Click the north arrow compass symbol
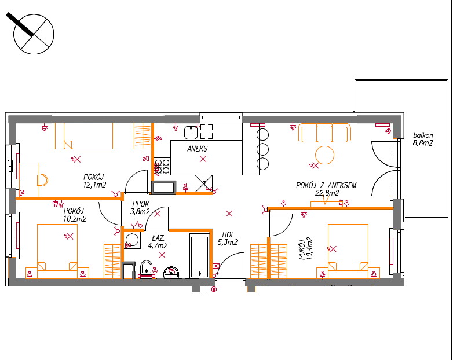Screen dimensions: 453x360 [x=34, y=34]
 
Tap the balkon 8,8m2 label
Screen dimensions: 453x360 [x=423, y=139]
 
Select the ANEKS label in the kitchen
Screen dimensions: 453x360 [x=198, y=149]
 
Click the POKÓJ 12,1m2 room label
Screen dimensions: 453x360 [x=94, y=181]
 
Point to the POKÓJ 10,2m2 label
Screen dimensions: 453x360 [x=75, y=215]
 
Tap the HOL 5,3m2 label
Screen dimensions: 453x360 [x=228, y=238]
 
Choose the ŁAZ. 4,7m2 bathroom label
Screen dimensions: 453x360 [x=158, y=242]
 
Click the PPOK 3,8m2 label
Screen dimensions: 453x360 [x=140, y=208]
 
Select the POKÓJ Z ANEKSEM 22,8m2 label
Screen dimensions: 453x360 [x=326, y=189]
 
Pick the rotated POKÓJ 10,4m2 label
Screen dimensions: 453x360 [x=306, y=249]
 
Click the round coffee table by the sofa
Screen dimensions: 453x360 [x=325, y=155]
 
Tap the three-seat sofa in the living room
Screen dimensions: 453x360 [x=324, y=133]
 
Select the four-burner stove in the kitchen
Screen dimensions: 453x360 [x=162, y=166]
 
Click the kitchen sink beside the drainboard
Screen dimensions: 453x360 [x=191, y=132]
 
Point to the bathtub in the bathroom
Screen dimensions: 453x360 [x=199, y=255]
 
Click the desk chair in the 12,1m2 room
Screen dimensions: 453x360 [x=42, y=180]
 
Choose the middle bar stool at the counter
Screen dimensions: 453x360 [x=262, y=149]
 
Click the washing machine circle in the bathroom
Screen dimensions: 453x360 [x=132, y=240]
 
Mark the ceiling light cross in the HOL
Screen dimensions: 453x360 [x=229, y=214]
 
